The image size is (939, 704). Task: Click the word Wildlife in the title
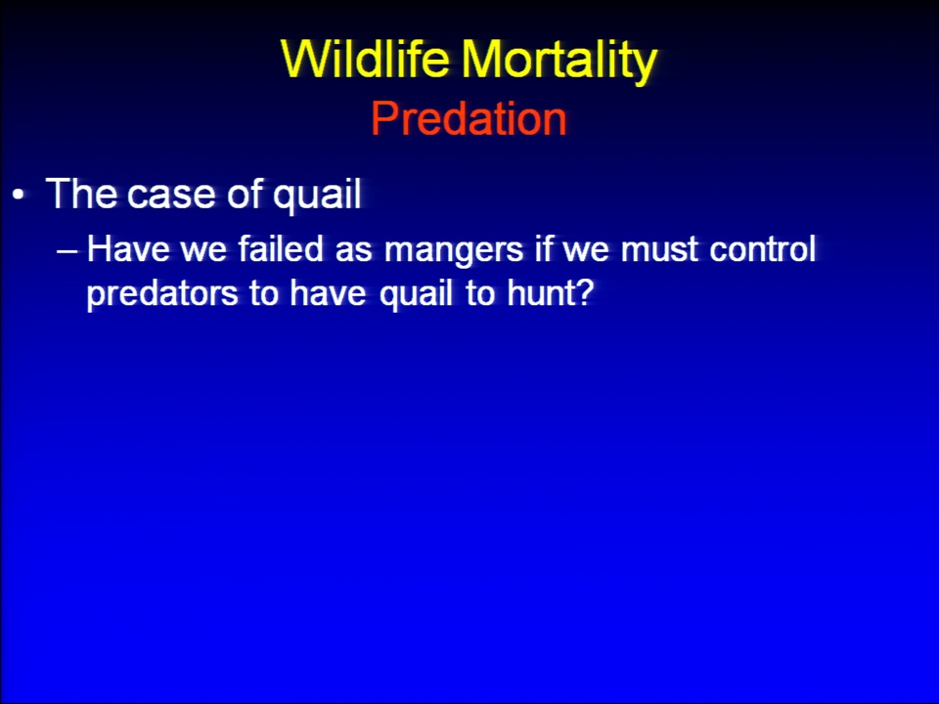click(365, 59)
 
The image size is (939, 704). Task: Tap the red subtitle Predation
click(469, 118)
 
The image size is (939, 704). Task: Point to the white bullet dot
click(20, 195)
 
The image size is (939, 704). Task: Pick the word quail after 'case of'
click(317, 196)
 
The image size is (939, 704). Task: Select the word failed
click(281, 248)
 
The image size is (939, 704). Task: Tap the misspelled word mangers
click(454, 251)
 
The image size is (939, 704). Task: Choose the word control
click(762, 248)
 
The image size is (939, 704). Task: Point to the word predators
click(162, 294)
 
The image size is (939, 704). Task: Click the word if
click(543, 248)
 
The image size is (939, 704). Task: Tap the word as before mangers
click(353, 251)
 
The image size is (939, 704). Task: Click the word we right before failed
click(203, 251)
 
